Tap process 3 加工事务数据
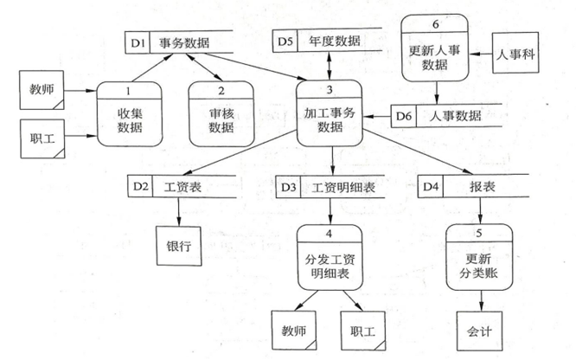click(330, 112)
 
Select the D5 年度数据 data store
click(329, 42)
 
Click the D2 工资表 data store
click(177, 186)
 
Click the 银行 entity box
click(178, 245)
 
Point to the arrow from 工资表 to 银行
click(178, 212)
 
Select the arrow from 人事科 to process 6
click(482, 51)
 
